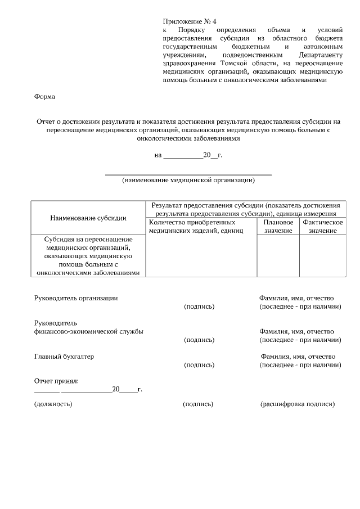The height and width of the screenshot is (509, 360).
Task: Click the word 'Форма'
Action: pyautogui.click(x=45, y=96)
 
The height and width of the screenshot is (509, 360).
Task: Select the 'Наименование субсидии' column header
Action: pyautogui.click(x=88, y=218)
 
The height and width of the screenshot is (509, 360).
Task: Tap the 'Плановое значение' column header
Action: pyautogui.click(x=278, y=227)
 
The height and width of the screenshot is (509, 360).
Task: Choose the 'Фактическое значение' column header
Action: pyautogui.click(x=322, y=227)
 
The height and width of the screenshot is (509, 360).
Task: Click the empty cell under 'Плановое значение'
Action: pyautogui.click(x=278, y=256)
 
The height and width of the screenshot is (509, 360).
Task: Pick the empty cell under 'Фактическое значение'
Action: pyautogui.click(x=322, y=256)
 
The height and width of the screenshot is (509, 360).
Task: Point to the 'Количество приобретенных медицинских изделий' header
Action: pyautogui.click(x=196, y=227)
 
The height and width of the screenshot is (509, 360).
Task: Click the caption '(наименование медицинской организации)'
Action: pyautogui.click(x=188, y=181)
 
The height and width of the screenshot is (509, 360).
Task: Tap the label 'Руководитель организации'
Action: pyautogui.click(x=76, y=298)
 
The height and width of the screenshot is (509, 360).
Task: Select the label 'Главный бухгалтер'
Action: pyautogui.click(x=64, y=356)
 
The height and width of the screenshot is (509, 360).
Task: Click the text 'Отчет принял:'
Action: pyautogui.click(x=56, y=381)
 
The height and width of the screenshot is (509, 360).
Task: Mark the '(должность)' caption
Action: pyautogui.click(x=53, y=404)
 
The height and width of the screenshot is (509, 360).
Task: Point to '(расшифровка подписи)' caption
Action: pyautogui.click(x=298, y=404)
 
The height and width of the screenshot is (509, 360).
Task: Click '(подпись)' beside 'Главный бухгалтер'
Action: pyautogui.click(x=199, y=365)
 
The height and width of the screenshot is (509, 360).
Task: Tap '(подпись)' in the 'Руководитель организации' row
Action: pyautogui.click(x=199, y=307)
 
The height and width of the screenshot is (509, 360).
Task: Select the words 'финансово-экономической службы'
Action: pyautogui.click(x=89, y=331)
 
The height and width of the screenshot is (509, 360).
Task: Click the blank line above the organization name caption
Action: pyautogui.click(x=188, y=174)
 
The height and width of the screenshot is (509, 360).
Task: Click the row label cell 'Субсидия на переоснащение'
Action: pyautogui.click(x=88, y=256)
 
